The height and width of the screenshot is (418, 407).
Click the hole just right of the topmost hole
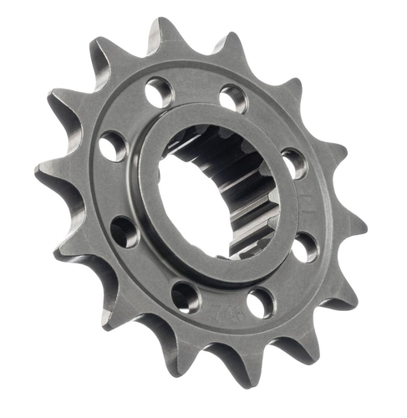coord(233,99)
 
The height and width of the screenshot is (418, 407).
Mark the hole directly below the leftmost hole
coord(125,232)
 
